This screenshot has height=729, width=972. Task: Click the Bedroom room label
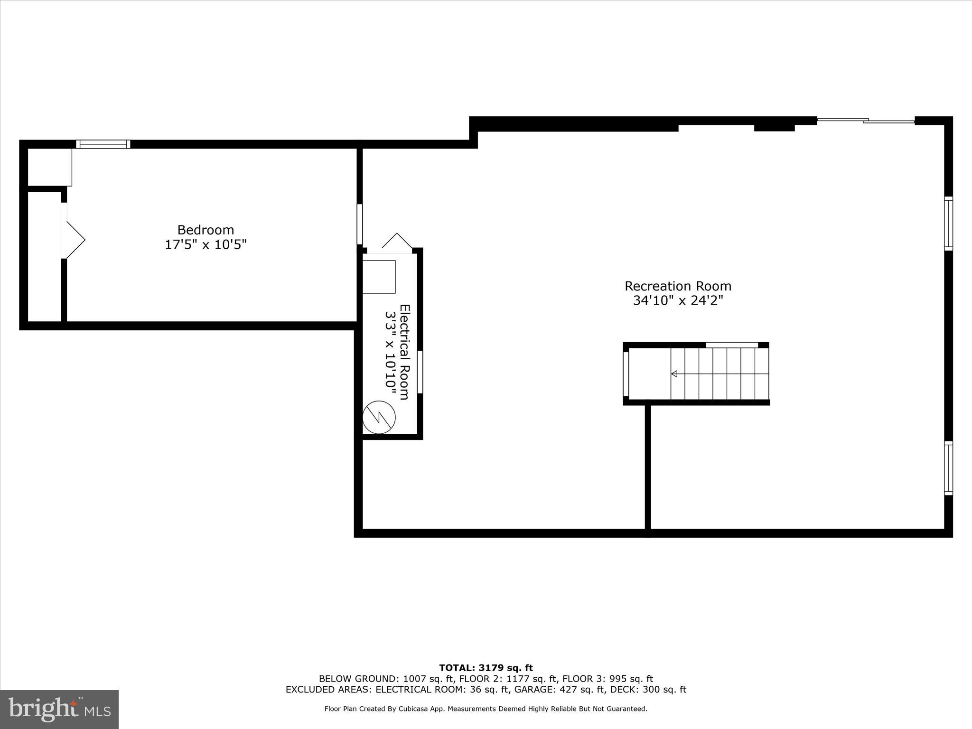pos(206,230)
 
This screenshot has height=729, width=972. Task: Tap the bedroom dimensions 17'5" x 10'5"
pos(206,245)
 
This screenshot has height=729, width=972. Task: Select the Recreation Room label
pos(678,286)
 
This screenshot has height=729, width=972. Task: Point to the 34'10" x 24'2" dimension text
pos(678,301)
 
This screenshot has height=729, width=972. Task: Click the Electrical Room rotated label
pos(404,352)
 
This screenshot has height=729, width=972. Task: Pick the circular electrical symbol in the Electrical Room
pos(379,418)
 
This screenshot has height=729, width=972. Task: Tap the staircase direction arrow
pos(674,374)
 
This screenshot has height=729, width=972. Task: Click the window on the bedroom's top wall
pos(103,144)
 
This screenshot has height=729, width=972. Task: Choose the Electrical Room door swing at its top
pos(397,242)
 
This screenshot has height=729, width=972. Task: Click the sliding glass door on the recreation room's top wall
pos(866,121)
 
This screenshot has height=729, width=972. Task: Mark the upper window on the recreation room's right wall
pos(948,224)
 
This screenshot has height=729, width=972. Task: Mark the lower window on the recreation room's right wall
pos(948,468)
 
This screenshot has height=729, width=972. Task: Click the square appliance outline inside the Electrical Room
pos(379,277)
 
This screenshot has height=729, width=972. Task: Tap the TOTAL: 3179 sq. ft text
pos(486,668)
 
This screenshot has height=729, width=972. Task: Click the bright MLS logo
pos(59,710)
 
